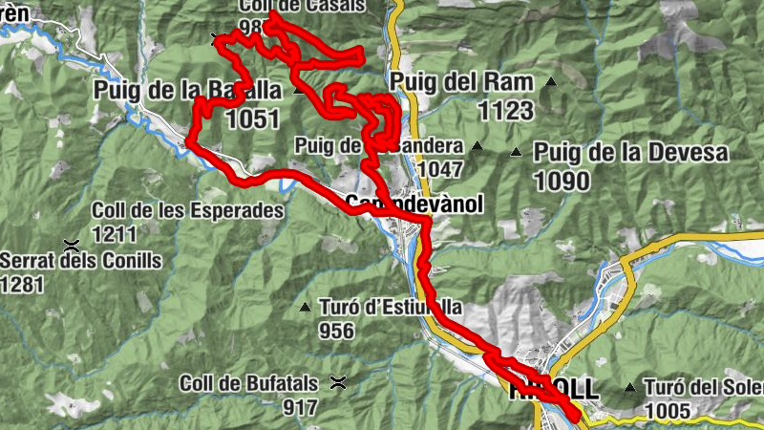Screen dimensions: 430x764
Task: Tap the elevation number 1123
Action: [x=505, y=111]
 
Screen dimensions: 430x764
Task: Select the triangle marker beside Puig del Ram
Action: [x=550, y=83]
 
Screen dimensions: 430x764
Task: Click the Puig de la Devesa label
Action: [x=630, y=152]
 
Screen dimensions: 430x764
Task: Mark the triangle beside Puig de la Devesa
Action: [x=517, y=152]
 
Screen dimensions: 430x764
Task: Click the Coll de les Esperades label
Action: [x=188, y=210]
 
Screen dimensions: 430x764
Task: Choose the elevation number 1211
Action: [x=115, y=233]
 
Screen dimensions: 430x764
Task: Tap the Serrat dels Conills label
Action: [x=80, y=260]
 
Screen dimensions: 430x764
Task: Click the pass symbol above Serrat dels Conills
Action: [x=70, y=244]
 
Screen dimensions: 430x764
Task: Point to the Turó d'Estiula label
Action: [x=391, y=308]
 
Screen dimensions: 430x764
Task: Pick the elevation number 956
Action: [x=337, y=331]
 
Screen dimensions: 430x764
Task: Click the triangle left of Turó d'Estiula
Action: [x=305, y=308]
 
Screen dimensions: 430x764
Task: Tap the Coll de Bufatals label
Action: [x=248, y=383]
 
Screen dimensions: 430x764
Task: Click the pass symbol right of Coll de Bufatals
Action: [x=337, y=383]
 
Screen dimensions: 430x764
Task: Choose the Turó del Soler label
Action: [x=704, y=387]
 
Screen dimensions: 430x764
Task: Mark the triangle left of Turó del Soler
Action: [x=629, y=388]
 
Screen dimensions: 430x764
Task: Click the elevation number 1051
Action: [x=253, y=118]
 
